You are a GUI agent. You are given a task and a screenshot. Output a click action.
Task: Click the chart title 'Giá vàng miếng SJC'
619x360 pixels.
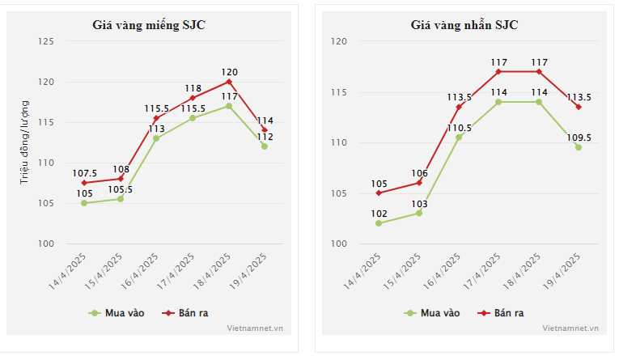149,24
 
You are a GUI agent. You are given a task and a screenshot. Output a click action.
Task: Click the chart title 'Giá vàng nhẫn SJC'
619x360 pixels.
464,24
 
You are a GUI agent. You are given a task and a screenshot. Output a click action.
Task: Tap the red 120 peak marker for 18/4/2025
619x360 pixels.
229,82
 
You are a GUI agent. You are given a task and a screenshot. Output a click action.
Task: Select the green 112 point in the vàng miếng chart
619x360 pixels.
265,146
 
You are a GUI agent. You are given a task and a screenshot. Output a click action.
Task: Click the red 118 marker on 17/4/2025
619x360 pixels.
193,98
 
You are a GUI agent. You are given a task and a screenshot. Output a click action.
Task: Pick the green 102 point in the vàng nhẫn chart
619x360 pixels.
379,223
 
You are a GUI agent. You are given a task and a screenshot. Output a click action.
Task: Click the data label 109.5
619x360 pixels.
579,138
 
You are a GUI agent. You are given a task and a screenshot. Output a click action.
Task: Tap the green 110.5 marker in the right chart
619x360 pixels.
459,138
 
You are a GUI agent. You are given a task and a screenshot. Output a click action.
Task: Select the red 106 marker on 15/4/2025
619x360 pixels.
418,183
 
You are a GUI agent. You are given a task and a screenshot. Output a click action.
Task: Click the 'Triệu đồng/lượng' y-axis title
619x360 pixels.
24,142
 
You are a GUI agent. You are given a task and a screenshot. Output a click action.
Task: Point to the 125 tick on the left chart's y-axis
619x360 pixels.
46,41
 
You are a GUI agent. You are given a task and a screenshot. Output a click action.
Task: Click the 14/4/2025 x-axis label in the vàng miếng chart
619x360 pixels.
68,270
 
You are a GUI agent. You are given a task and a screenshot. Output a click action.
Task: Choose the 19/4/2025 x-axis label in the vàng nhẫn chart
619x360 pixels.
562,270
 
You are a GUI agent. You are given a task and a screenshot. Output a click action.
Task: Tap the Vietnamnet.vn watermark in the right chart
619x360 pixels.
570,328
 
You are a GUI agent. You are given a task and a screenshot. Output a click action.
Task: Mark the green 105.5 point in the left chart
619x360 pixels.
120,199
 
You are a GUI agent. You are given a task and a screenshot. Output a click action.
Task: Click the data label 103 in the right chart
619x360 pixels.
418,204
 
